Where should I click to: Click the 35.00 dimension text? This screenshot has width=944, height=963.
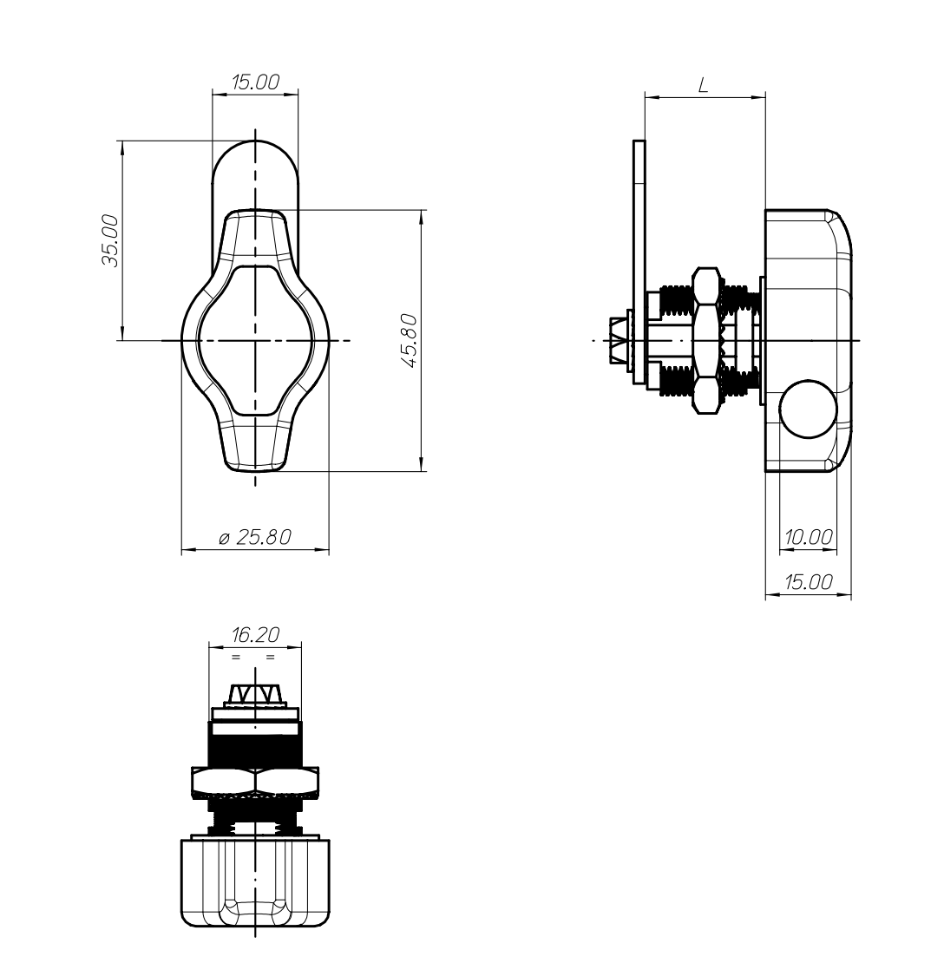tap(111, 240)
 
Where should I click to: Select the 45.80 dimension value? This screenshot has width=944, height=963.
tap(410, 341)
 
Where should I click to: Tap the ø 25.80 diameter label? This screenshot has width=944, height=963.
tap(255, 537)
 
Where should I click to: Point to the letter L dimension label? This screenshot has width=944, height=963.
tap(704, 85)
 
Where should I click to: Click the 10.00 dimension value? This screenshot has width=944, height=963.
tap(809, 537)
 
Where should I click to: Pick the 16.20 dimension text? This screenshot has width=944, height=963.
tap(255, 634)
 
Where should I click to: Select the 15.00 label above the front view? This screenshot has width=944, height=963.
tap(255, 82)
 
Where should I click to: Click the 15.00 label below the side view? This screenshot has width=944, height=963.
tap(809, 581)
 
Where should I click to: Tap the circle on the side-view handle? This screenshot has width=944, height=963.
tap(809, 409)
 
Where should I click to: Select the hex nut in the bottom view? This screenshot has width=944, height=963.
tap(255, 781)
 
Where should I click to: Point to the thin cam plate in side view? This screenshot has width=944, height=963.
tap(639, 264)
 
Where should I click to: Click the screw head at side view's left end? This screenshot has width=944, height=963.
tap(619, 340)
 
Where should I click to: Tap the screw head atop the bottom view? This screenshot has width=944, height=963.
tap(255, 695)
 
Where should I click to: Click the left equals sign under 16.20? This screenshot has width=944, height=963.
tap(236, 658)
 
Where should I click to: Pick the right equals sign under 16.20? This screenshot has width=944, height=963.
tap(270, 658)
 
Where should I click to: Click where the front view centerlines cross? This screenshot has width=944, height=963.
tap(255, 340)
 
